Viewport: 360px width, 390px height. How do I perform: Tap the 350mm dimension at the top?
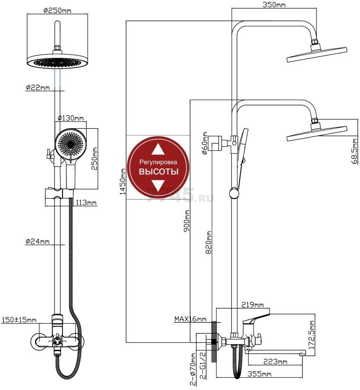point(275,5)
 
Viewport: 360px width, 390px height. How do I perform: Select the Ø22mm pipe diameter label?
point(38,87)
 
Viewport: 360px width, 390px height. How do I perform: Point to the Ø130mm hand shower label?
point(71,118)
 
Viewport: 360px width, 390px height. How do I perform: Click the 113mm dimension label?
point(86,203)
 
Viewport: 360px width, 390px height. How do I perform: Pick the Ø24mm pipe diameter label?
point(38,242)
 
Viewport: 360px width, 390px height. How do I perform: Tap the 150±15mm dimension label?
point(19,320)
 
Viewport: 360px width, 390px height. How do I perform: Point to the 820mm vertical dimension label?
point(208,241)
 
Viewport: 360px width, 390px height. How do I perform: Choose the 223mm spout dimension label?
point(275,362)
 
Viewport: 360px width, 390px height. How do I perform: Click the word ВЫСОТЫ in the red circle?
point(159,172)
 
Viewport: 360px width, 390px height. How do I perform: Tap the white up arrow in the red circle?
point(159,150)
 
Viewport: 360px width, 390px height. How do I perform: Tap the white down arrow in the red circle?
point(159,186)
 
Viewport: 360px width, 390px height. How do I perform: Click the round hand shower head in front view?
point(70,143)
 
